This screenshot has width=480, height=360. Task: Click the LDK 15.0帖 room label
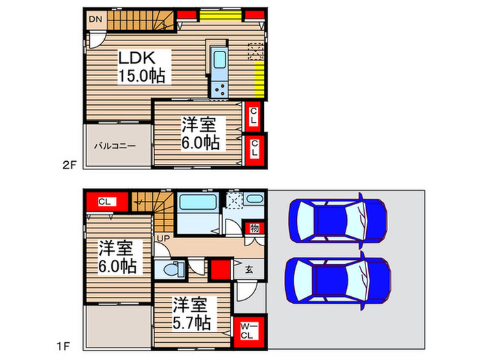pos(142,67)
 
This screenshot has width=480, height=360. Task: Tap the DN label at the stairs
pos(95,19)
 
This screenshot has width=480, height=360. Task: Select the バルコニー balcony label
pos(115,146)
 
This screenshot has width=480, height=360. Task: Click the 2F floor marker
pos(69,165)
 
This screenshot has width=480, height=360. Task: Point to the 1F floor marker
pos(63,346)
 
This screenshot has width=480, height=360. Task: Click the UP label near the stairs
pos(163,238)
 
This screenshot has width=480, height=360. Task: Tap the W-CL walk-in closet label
pos(248,331)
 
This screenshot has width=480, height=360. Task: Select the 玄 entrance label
pos(249,269)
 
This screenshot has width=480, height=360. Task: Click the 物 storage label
pos(254,228)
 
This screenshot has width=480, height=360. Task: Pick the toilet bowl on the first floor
pos(173,269)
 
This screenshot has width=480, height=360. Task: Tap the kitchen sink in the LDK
pos(220,60)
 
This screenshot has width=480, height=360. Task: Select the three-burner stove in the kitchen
pos(220,89)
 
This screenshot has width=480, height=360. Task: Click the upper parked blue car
pos(337,220)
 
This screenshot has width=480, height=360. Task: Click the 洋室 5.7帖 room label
pos(192,313)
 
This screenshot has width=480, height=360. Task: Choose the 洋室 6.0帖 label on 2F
pos(200,134)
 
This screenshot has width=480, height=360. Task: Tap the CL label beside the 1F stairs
pos(104,202)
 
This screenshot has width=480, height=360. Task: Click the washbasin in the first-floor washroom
pos(254,200)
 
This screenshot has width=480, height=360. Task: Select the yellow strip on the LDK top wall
pos(220,15)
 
